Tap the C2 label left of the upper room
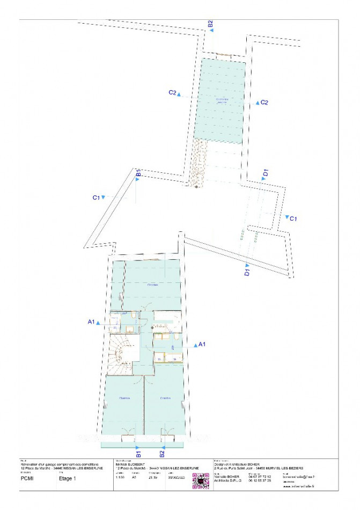click(173, 93)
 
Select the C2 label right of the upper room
click(264, 102)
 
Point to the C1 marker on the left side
click(97, 198)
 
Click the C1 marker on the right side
click(293, 218)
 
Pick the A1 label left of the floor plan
click(91, 322)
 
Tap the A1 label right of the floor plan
click(202, 344)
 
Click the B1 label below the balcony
click(138, 454)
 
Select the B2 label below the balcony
click(162, 454)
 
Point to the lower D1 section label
click(247, 273)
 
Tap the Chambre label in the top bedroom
click(153, 285)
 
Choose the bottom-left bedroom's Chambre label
click(124, 398)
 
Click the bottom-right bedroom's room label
click(165, 398)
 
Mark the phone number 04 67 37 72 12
click(260, 476)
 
